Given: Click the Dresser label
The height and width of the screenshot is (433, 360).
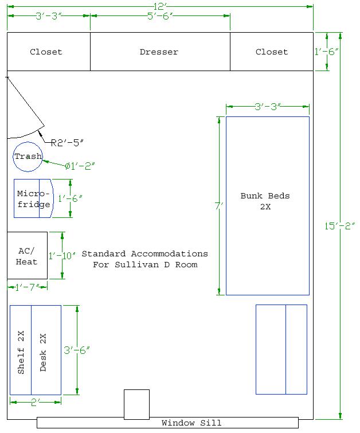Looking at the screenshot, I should click(159, 52).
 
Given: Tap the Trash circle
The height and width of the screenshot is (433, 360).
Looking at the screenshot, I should click(28, 157).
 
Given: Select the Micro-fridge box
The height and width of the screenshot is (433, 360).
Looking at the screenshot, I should click(33, 198).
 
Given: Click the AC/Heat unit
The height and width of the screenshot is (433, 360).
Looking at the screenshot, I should click(27, 256).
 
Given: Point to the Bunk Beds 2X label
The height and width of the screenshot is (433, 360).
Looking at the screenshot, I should click(265, 201).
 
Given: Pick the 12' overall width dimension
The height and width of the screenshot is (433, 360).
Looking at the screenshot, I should click(159, 6).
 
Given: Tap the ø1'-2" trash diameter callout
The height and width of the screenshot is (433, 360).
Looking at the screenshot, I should click(80, 166).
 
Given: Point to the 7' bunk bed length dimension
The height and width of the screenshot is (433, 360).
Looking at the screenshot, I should click(218, 205).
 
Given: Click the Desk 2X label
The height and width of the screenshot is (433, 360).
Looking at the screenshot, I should click(42, 352).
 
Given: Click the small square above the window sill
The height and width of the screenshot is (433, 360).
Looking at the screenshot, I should click(136, 404).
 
